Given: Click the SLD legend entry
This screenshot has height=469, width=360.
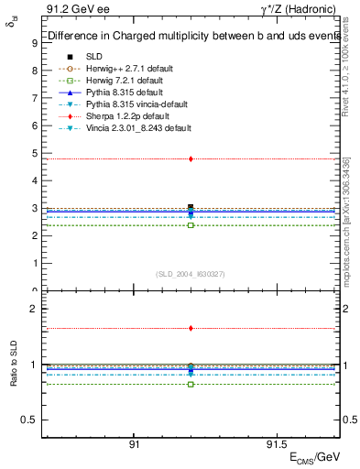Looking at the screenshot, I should (94, 56).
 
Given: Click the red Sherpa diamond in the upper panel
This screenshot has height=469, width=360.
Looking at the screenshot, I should (191, 158).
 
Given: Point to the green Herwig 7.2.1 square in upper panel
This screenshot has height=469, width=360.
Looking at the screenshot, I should (191, 225).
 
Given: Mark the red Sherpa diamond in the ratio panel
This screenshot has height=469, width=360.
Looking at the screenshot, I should (191, 328).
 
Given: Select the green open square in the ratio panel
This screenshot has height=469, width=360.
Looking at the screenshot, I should (191, 384).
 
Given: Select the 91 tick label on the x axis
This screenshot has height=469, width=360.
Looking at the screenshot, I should (134, 444).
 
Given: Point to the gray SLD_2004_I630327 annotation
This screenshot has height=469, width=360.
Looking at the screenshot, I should (191, 274).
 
